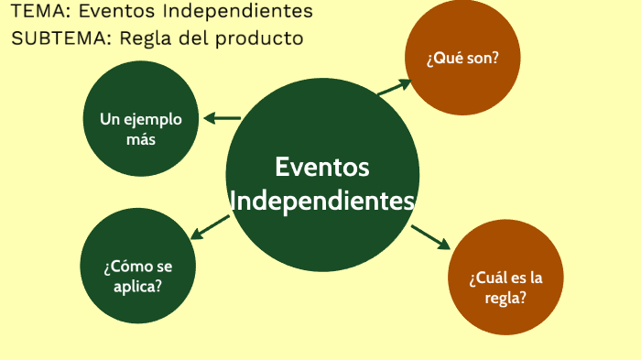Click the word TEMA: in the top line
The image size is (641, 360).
click(x=37, y=12)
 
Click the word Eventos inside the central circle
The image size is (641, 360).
click(x=321, y=168)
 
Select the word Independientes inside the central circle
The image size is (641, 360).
click(x=322, y=201)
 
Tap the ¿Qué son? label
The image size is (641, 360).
click(x=462, y=57)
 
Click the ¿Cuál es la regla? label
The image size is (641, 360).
click(x=505, y=288)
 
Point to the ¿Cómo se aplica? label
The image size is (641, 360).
click(x=137, y=276)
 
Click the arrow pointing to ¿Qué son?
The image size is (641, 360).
click(x=395, y=87)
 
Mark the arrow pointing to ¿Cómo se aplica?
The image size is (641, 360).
click(x=210, y=226)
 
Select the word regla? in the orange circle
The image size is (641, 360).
click(x=505, y=298)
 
